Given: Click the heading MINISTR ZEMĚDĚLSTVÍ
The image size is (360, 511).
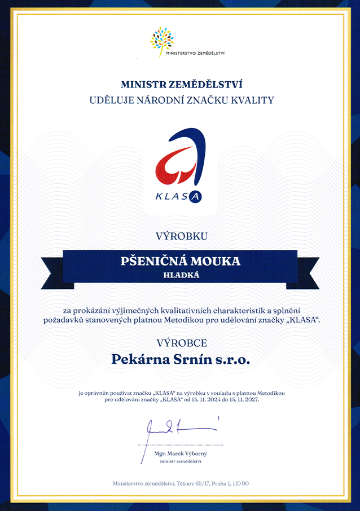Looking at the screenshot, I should pyautogui.click(x=181, y=85).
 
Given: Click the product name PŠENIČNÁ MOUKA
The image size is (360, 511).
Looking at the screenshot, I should pyautogui.click(x=181, y=261).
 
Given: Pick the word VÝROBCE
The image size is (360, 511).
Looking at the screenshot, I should pyautogui.click(x=181, y=342).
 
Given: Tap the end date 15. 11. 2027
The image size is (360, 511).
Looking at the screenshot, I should pyautogui.click(x=247, y=399).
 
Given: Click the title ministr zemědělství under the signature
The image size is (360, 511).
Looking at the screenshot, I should pyautogui.click(x=181, y=461).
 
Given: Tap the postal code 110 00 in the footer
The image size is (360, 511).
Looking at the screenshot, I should pyautogui.click(x=241, y=483).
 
